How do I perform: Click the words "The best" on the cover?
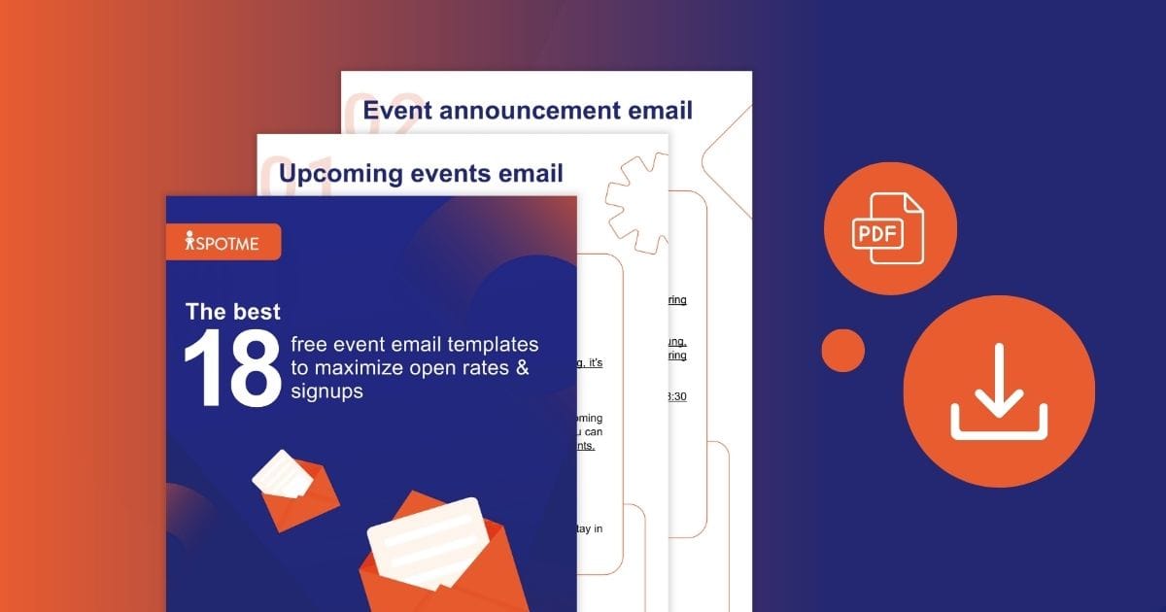click(x=232, y=312)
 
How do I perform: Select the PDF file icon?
click(x=890, y=229)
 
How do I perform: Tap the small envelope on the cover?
click(x=293, y=487)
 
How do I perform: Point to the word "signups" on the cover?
click(x=326, y=391)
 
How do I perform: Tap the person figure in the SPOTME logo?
click(x=189, y=242)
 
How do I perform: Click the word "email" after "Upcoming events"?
click(x=531, y=174)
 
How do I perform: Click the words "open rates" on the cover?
click(x=456, y=368)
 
